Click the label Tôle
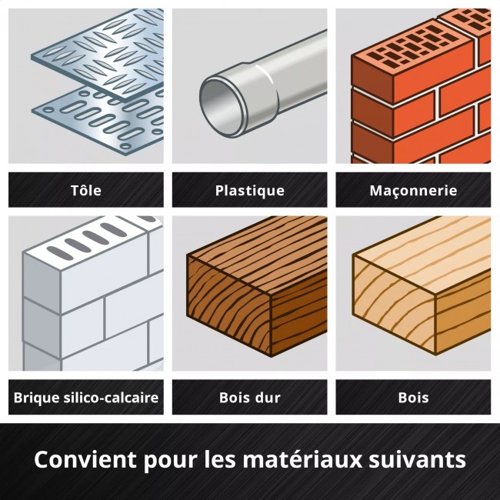pos(85,190)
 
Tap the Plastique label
pos(249,190)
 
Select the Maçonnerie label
pos(413,190)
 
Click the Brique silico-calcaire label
pos(85,398)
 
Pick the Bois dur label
pos(249,398)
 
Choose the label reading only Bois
pos(413,398)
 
